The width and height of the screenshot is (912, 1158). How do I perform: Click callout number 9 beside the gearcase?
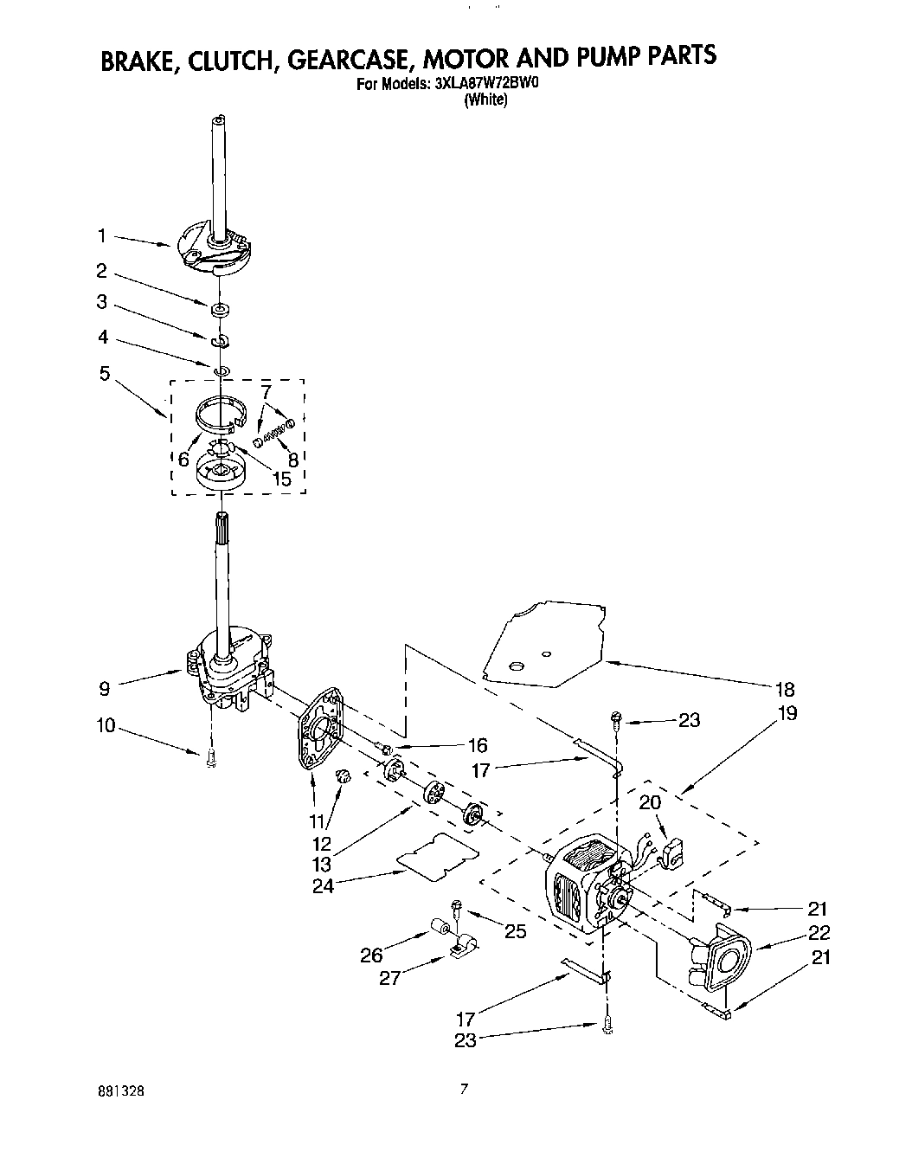tap(105, 689)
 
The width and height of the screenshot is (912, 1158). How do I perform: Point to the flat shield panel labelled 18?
tap(545, 645)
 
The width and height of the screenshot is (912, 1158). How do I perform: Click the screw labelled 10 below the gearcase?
tap(210, 759)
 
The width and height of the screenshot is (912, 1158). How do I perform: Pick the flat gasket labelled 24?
tap(439, 855)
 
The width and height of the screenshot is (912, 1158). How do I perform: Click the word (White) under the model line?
tap(485, 100)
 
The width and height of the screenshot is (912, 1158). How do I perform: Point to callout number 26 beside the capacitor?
tap(372, 955)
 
